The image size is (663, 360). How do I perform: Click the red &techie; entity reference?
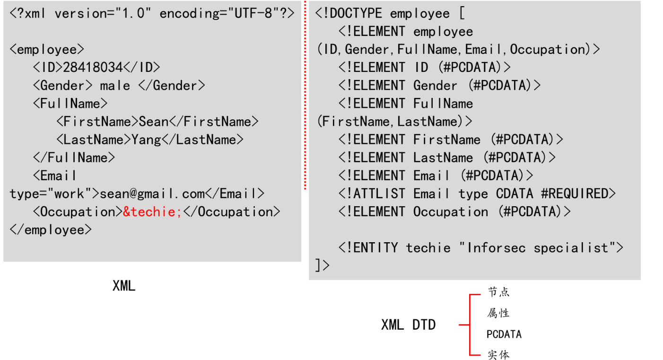click(152, 212)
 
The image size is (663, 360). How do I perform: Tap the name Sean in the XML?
click(154, 122)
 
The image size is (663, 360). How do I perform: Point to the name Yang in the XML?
click(146, 140)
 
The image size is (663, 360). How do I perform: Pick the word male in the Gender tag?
click(115, 86)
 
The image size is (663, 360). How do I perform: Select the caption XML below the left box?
click(124, 286)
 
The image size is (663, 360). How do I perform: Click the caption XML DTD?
click(408, 325)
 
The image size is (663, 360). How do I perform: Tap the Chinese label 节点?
click(498, 292)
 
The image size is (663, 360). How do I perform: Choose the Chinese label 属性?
click(498, 313)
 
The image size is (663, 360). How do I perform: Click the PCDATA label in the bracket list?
click(504, 334)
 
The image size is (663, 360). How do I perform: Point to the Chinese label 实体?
click(498, 355)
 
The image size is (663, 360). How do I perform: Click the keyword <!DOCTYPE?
click(349, 14)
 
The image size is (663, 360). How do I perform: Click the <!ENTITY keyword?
click(368, 248)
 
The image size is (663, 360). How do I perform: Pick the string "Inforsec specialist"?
click(537, 248)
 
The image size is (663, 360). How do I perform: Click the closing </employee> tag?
click(51, 230)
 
